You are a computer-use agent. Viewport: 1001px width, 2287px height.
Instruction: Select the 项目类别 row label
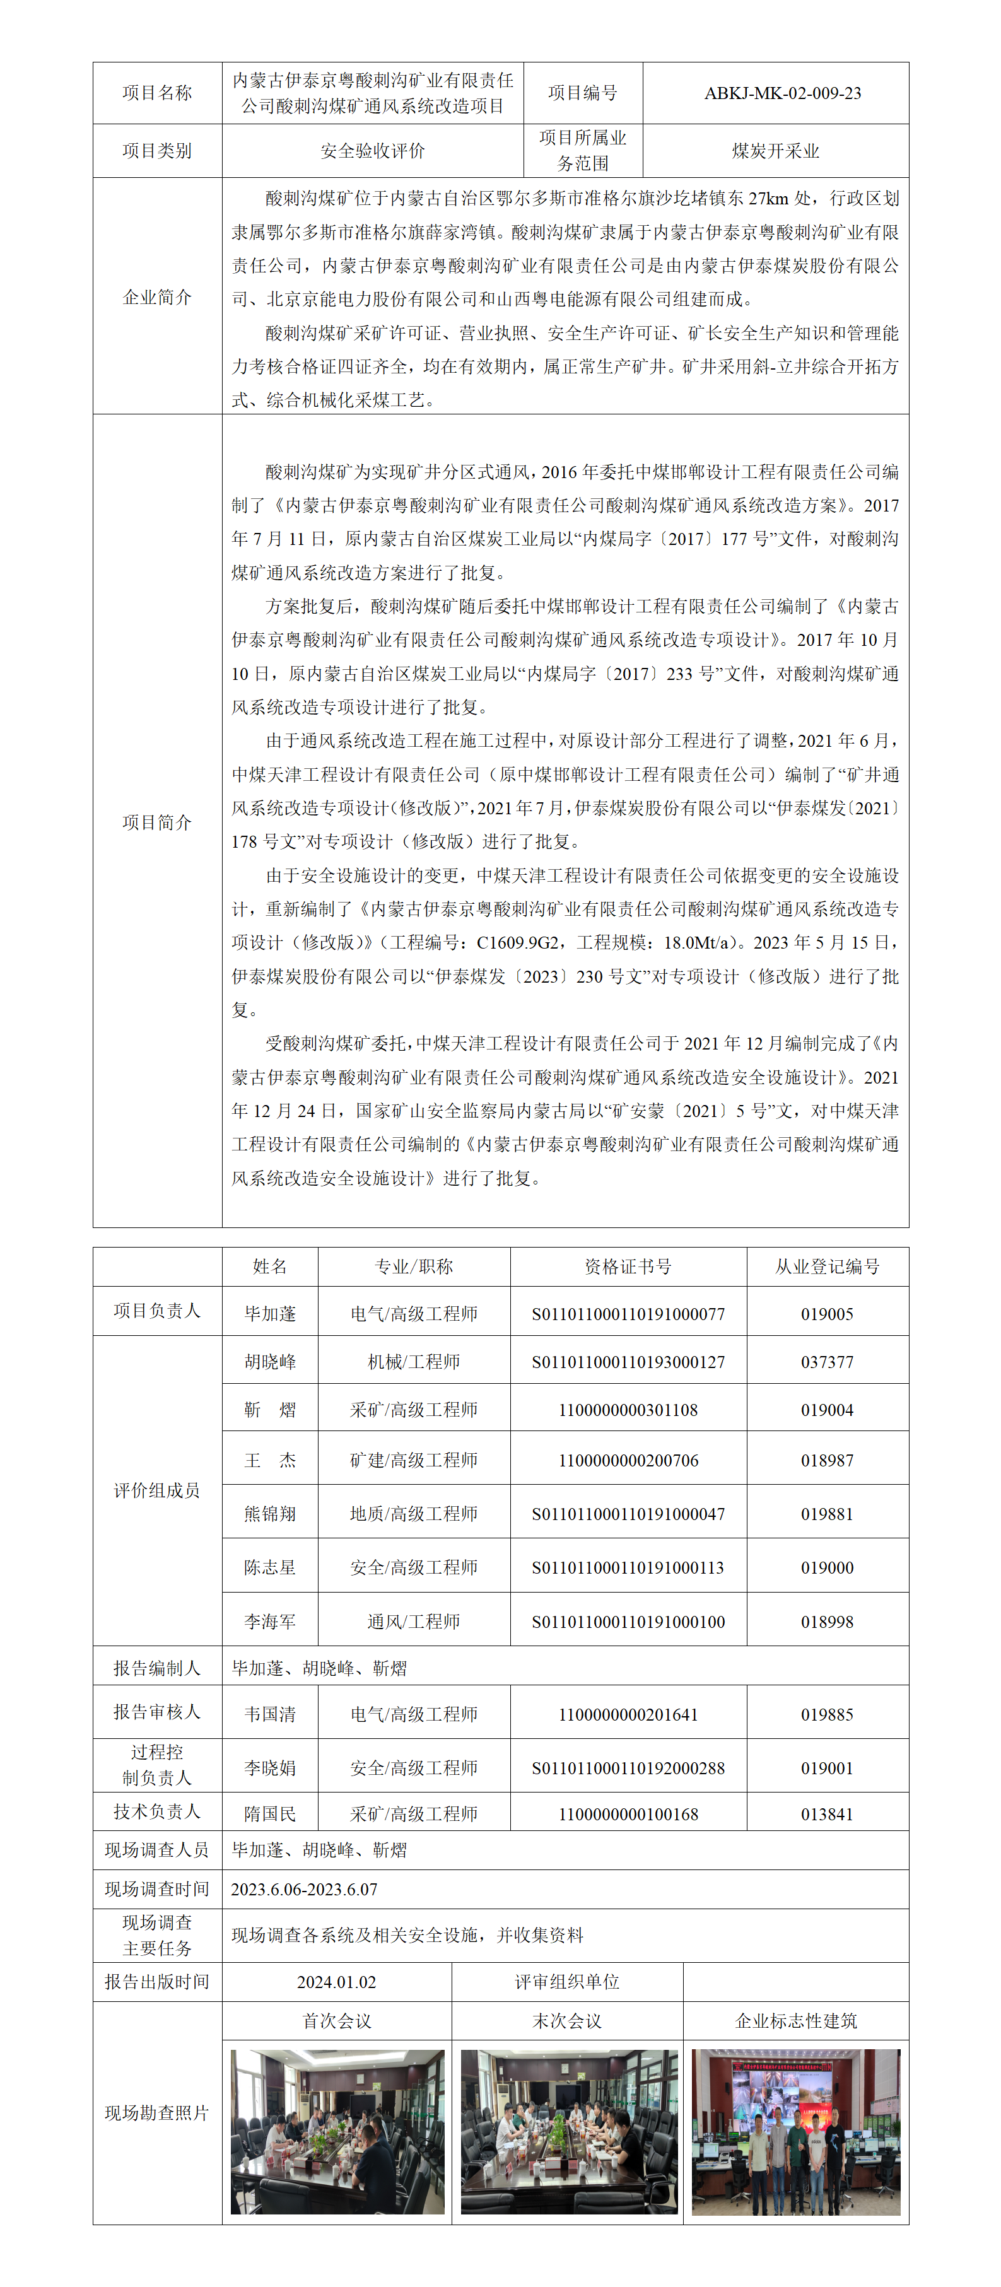click(157, 151)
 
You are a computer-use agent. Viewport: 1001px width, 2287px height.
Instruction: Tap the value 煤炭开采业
click(775, 151)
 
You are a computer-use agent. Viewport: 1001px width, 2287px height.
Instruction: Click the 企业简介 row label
click(157, 296)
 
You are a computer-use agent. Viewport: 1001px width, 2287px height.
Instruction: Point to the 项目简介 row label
click(157, 822)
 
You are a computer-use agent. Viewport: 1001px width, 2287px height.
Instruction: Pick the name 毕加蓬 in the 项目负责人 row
click(270, 1313)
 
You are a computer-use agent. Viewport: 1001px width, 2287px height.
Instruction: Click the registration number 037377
click(827, 1361)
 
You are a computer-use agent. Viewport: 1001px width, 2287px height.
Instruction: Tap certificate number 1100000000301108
click(628, 1409)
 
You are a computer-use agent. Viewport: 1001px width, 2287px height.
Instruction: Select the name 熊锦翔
click(270, 1513)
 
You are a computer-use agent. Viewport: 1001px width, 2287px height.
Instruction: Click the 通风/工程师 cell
click(414, 1620)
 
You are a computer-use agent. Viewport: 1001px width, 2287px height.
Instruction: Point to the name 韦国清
click(270, 1714)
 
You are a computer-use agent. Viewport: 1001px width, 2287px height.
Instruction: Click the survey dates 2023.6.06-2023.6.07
click(304, 1888)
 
